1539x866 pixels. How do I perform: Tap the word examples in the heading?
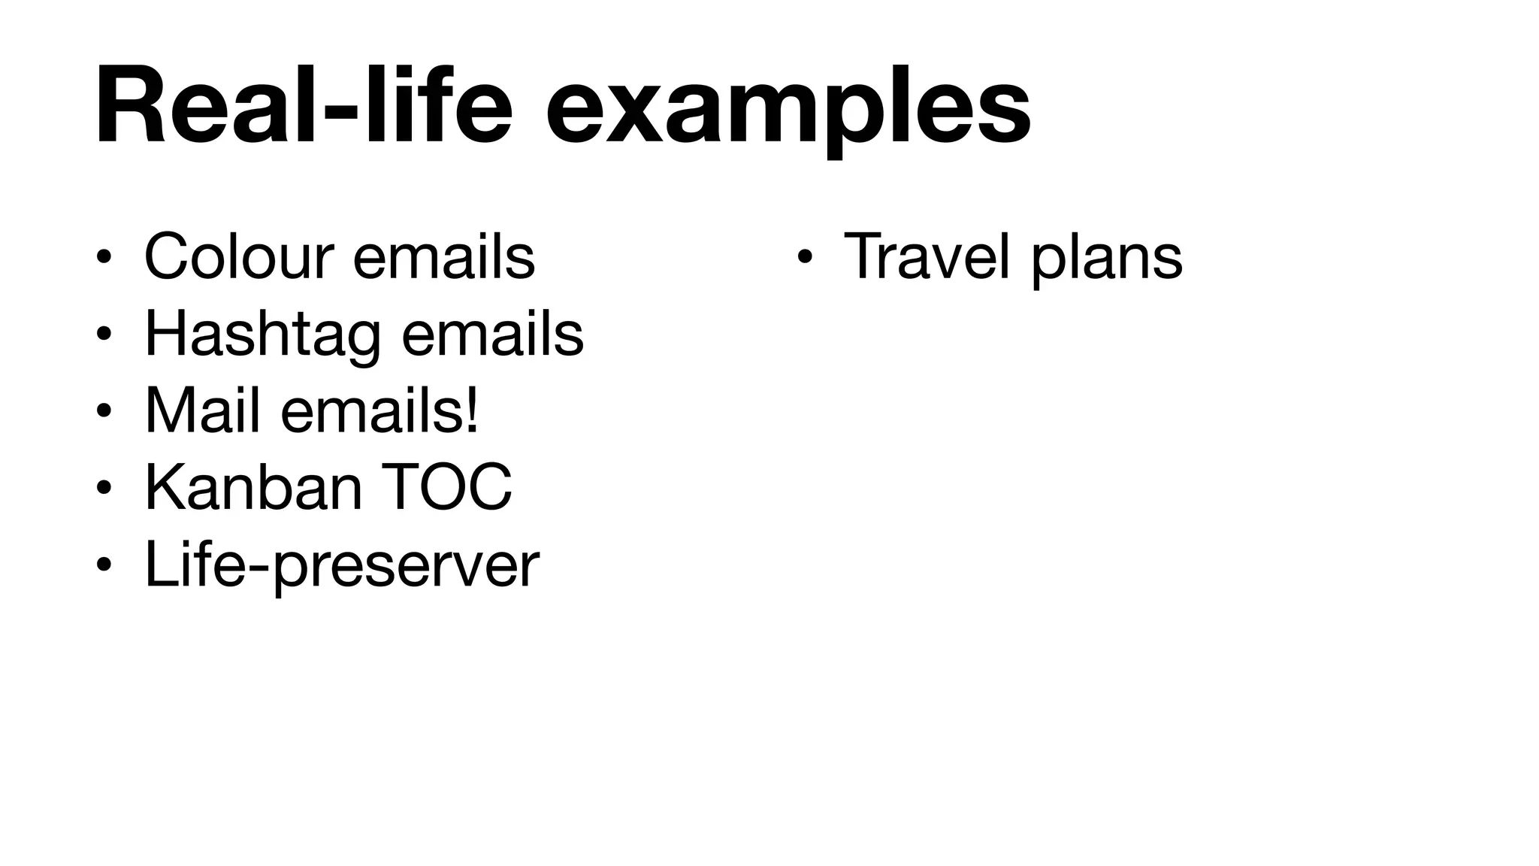(788, 109)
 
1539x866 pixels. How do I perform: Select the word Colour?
(238, 257)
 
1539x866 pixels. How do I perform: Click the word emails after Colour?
(443, 257)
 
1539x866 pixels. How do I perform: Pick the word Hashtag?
(262, 335)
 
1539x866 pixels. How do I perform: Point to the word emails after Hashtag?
(492, 334)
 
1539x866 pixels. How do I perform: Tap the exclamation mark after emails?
(472, 411)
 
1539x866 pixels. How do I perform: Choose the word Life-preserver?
(342, 565)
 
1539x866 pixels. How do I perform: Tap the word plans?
(1106, 259)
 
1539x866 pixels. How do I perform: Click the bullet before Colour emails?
(104, 258)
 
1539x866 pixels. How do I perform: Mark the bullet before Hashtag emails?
(104, 335)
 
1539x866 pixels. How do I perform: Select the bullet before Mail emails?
(104, 411)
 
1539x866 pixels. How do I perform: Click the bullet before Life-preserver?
(104, 565)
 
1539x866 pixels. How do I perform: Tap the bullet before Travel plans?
(804, 258)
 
